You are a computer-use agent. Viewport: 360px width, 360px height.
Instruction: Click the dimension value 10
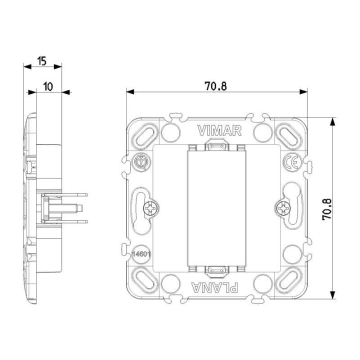click(x=48, y=86)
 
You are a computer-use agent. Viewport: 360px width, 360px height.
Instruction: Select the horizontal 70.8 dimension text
click(x=215, y=86)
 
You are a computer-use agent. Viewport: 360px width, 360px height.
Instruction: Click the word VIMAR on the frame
click(x=219, y=131)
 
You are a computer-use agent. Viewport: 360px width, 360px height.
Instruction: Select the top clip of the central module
click(x=216, y=147)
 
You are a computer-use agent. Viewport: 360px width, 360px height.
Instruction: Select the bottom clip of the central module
click(x=216, y=270)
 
